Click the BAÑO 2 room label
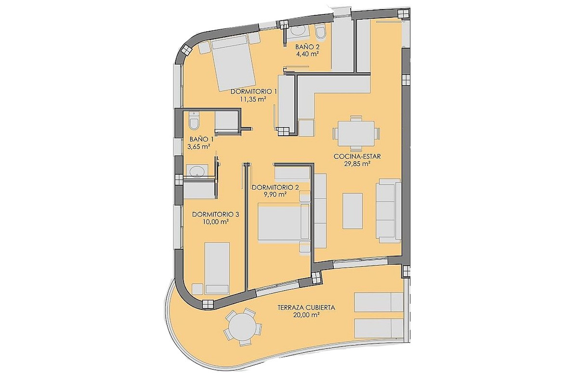click(x=307, y=47)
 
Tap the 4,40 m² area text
click(x=307, y=54)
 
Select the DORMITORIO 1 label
click(x=254, y=91)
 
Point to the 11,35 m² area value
click(x=253, y=99)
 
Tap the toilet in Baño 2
click(x=320, y=32)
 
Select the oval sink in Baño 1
click(x=197, y=171)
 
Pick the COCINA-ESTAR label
click(x=357, y=156)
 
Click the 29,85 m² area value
click(x=357, y=164)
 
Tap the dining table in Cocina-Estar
click(x=356, y=134)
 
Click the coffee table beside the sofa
click(x=353, y=211)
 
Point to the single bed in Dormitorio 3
click(x=217, y=268)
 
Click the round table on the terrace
click(x=243, y=327)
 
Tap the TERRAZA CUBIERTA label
click(x=306, y=308)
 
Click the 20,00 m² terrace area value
click(x=306, y=315)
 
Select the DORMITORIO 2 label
click(x=275, y=188)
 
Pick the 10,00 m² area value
click(x=216, y=221)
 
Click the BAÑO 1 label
click(x=201, y=139)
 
